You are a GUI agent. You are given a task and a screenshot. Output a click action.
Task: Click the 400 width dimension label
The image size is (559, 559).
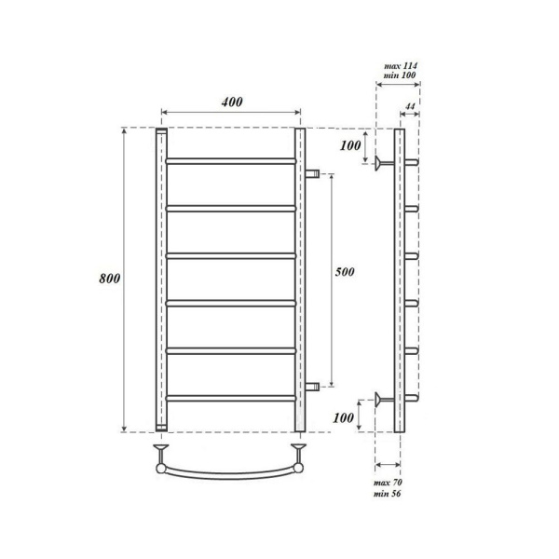pos(232,102)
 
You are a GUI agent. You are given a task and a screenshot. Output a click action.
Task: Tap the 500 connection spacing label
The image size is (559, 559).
pos(345,271)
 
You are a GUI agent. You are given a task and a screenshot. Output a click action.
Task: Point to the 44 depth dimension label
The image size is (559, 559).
pos(410,107)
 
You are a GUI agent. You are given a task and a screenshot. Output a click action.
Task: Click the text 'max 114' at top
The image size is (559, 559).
pos(402,65)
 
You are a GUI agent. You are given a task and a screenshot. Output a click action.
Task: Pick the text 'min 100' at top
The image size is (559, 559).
pos(402,75)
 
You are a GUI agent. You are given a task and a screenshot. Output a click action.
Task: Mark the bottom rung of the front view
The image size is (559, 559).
pos(231,398)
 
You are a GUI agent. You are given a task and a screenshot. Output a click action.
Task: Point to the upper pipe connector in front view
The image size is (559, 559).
pos(313,174)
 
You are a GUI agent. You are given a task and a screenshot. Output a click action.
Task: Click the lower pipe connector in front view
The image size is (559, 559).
pos(313,384)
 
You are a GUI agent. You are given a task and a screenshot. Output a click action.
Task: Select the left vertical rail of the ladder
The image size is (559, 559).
pos(160,279)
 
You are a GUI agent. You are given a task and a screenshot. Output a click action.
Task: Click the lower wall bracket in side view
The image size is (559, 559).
pos(380,400)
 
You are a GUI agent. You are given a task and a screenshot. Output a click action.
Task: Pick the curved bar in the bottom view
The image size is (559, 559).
pos(231,470)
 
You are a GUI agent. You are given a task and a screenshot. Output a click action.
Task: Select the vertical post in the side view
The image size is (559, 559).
pos(400,279)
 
